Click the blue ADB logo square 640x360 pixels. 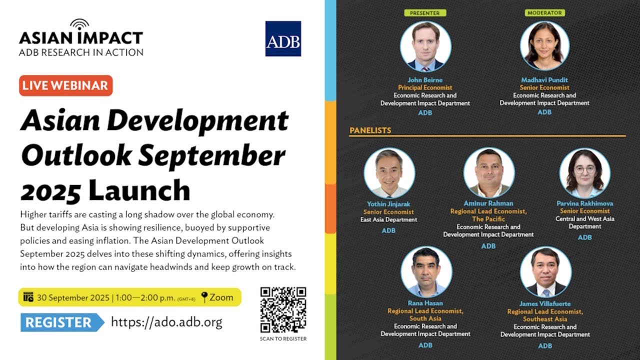283,38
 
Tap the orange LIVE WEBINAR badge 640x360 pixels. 66,85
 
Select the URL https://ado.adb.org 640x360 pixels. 166,322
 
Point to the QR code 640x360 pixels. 283,309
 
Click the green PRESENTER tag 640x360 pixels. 425,13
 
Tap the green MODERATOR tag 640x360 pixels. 544,13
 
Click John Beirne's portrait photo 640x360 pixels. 425,46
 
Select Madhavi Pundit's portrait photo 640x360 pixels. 544,46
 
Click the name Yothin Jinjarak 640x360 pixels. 388,204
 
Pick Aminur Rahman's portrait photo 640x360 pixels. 488,172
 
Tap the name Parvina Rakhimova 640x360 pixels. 584,203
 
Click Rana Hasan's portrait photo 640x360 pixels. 426,272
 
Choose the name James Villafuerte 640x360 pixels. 545,303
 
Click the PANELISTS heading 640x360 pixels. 370,130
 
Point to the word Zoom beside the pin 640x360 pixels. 221,297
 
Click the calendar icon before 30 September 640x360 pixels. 28,297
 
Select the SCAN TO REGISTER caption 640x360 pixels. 283,338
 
